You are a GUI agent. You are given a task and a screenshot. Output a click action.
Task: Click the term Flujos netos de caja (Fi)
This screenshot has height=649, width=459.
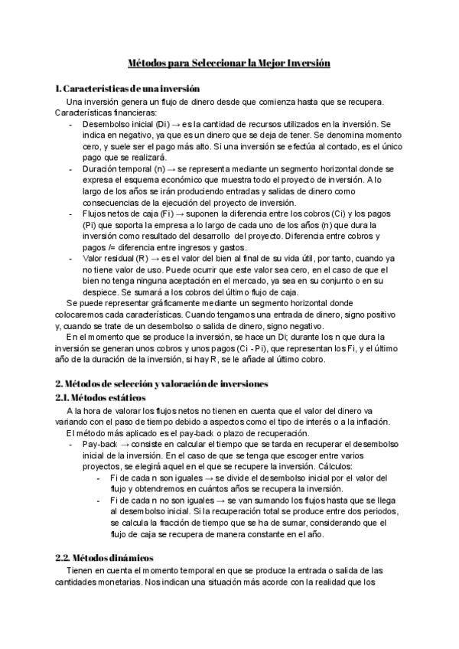pos(118,213)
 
